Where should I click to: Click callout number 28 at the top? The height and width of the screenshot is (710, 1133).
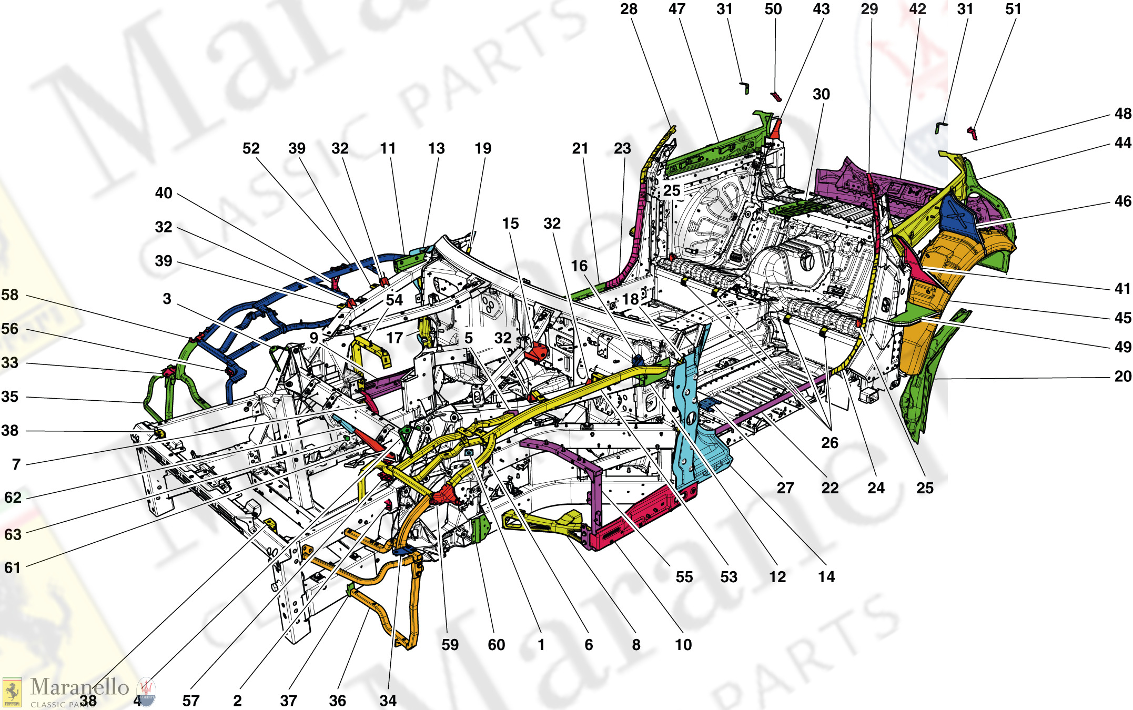point(629,9)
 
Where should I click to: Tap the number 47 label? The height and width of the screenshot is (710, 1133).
point(677,9)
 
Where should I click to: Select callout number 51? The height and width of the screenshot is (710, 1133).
point(1013,9)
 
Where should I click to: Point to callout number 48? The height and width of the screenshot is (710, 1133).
point(1122,114)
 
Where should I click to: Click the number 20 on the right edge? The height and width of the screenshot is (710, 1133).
point(1122,376)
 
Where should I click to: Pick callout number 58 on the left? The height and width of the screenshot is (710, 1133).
point(10,295)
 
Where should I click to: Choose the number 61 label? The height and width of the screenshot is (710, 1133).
point(12,567)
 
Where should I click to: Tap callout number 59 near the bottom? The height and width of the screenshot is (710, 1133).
point(450,645)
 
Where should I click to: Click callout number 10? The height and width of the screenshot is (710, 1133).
point(683,645)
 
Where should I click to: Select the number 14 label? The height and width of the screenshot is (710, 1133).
point(826,577)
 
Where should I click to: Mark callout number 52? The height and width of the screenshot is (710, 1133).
point(251,148)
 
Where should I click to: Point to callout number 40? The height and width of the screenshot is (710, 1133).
point(164,193)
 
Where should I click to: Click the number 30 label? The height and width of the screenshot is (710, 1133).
point(821,94)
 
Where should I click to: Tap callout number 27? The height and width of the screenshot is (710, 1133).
point(785,488)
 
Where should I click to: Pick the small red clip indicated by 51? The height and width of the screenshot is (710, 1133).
point(972,133)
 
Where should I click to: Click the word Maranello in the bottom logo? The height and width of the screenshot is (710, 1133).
point(79,687)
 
